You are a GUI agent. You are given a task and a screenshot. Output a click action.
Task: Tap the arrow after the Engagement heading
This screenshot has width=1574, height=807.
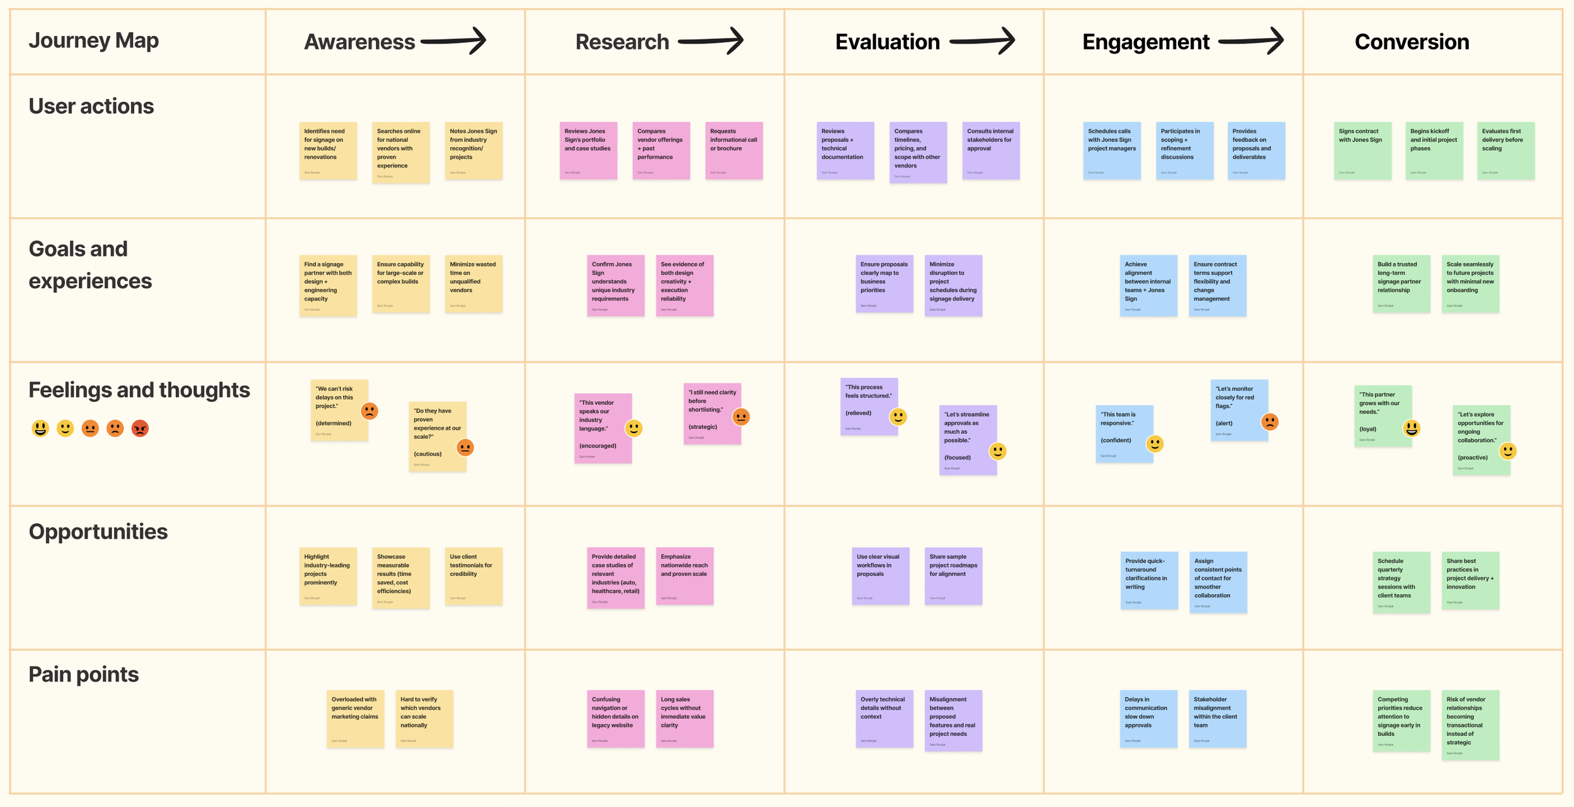[x=1250, y=42]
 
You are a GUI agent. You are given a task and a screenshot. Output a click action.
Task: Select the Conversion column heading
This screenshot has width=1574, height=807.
[x=1412, y=42]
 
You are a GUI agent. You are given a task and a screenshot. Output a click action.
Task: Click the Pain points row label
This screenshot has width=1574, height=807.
[x=84, y=674]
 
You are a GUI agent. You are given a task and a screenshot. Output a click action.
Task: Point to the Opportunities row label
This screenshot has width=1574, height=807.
[x=98, y=532]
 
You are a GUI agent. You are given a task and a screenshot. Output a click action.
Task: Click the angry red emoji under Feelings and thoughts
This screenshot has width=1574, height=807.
[x=140, y=429]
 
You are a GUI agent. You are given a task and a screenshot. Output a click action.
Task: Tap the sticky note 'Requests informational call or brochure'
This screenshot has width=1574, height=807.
[x=733, y=150]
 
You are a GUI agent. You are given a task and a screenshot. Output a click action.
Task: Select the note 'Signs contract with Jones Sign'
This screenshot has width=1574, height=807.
[x=1362, y=150]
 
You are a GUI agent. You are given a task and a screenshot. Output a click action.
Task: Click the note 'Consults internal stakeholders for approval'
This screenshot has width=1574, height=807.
[x=990, y=150]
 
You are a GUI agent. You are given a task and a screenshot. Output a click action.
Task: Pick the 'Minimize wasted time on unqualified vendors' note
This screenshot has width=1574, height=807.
[x=473, y=283]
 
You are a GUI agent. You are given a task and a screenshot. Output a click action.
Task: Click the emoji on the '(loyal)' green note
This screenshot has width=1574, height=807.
[x=1412, y=429]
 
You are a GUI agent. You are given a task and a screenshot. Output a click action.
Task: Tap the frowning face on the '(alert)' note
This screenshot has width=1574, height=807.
[x=1270, y=422]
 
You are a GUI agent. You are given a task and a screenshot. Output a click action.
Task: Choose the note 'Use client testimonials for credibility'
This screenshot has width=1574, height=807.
[x=473, y=576]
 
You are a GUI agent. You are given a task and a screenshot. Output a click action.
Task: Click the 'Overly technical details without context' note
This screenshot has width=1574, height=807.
[x=884, y=718]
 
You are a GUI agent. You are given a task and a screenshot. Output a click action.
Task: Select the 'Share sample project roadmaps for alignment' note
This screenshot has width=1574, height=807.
[x=953, y=576]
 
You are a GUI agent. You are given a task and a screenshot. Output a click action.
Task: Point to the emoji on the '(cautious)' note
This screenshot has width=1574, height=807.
[x=465, y=448]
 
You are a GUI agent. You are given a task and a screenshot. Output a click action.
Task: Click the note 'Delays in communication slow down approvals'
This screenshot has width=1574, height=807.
[x=1148, y=718]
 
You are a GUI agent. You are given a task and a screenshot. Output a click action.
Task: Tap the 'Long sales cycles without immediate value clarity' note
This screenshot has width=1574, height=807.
[x=684, y=718]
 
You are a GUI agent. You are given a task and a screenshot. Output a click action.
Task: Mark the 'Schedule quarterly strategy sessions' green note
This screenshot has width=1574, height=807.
[x=1401, y=582]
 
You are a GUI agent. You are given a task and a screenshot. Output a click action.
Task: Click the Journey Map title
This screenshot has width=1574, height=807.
[x=94, y=40]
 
